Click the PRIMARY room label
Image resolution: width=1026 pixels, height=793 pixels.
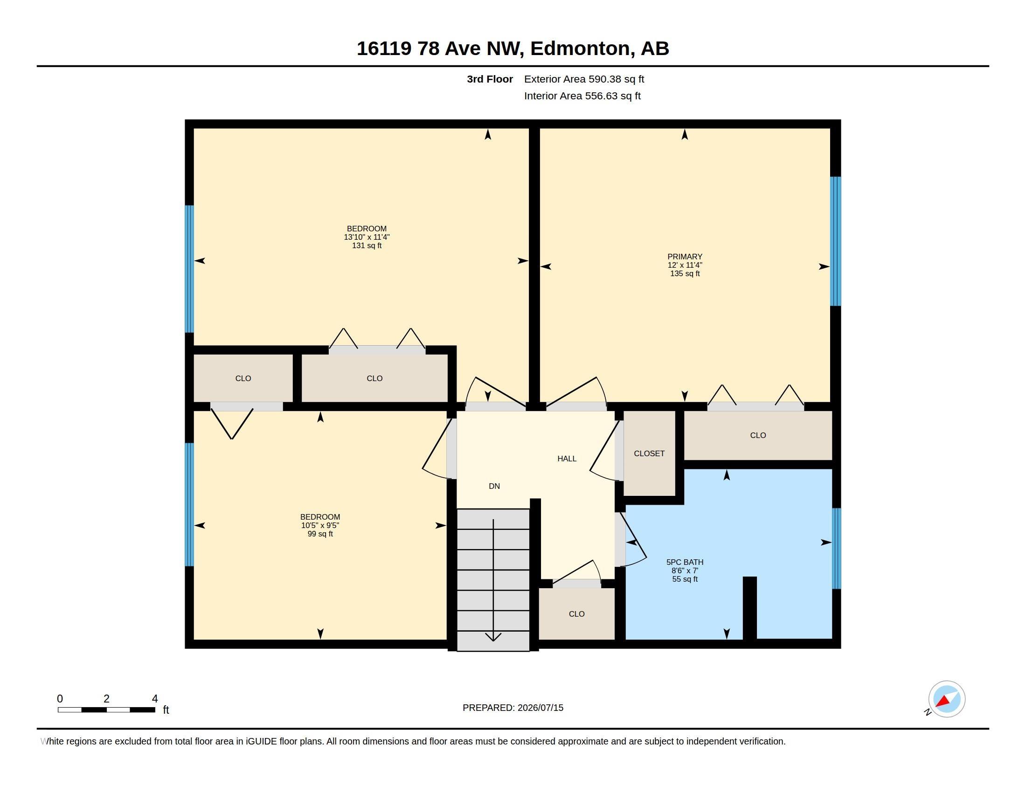685,257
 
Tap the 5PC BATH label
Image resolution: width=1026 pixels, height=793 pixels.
685,562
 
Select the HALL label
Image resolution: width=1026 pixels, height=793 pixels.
567,459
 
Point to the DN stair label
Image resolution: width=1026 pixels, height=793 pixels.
494,486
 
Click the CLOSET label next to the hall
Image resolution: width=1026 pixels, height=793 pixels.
649,453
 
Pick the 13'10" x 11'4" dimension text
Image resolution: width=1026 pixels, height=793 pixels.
367,237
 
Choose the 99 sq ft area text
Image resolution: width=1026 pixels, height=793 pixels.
320,534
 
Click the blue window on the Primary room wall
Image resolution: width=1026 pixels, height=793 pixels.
835,241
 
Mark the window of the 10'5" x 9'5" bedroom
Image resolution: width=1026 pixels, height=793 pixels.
189,505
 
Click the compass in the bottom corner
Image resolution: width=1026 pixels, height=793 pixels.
947,699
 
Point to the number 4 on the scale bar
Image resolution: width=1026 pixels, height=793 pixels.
154,699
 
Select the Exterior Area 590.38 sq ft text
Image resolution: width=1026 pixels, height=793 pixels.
584,79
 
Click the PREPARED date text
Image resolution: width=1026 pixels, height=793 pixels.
513,708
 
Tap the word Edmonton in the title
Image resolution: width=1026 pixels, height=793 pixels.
580,49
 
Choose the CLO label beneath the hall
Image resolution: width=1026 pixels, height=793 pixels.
576,614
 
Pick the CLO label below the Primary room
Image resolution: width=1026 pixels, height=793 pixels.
758,436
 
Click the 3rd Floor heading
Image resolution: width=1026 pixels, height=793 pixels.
490,79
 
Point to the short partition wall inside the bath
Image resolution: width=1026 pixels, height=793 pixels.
749,608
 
